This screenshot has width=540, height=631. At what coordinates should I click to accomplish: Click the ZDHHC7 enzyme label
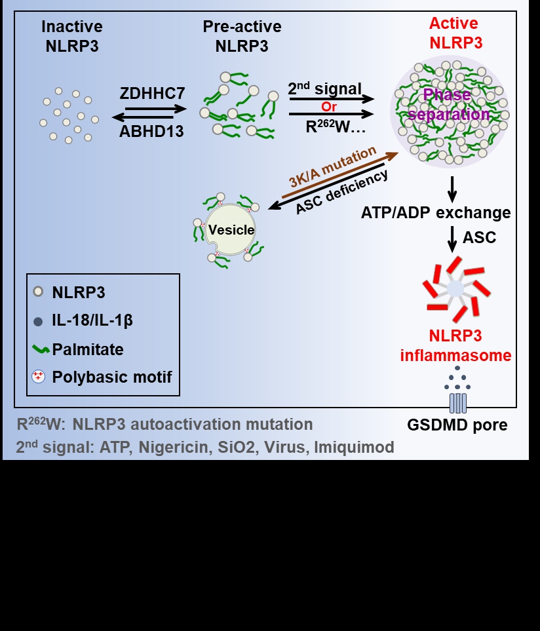(152, 94)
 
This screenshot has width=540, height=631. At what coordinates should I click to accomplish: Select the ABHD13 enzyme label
(151, 131)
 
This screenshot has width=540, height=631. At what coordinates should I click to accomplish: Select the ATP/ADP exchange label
(436, 213)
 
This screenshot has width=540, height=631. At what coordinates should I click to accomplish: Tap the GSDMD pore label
(457, 425)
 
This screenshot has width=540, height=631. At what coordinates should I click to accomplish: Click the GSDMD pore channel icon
(457, 401)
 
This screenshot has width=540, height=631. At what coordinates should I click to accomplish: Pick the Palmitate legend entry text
(88, 349)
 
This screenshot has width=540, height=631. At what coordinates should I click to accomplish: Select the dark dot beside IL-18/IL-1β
(39, 320)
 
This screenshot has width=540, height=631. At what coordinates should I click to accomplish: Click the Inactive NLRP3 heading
(72, 35)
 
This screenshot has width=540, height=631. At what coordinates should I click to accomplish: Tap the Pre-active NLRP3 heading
(242, 35)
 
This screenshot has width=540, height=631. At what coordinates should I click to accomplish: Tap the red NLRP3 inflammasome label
(455, 346)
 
